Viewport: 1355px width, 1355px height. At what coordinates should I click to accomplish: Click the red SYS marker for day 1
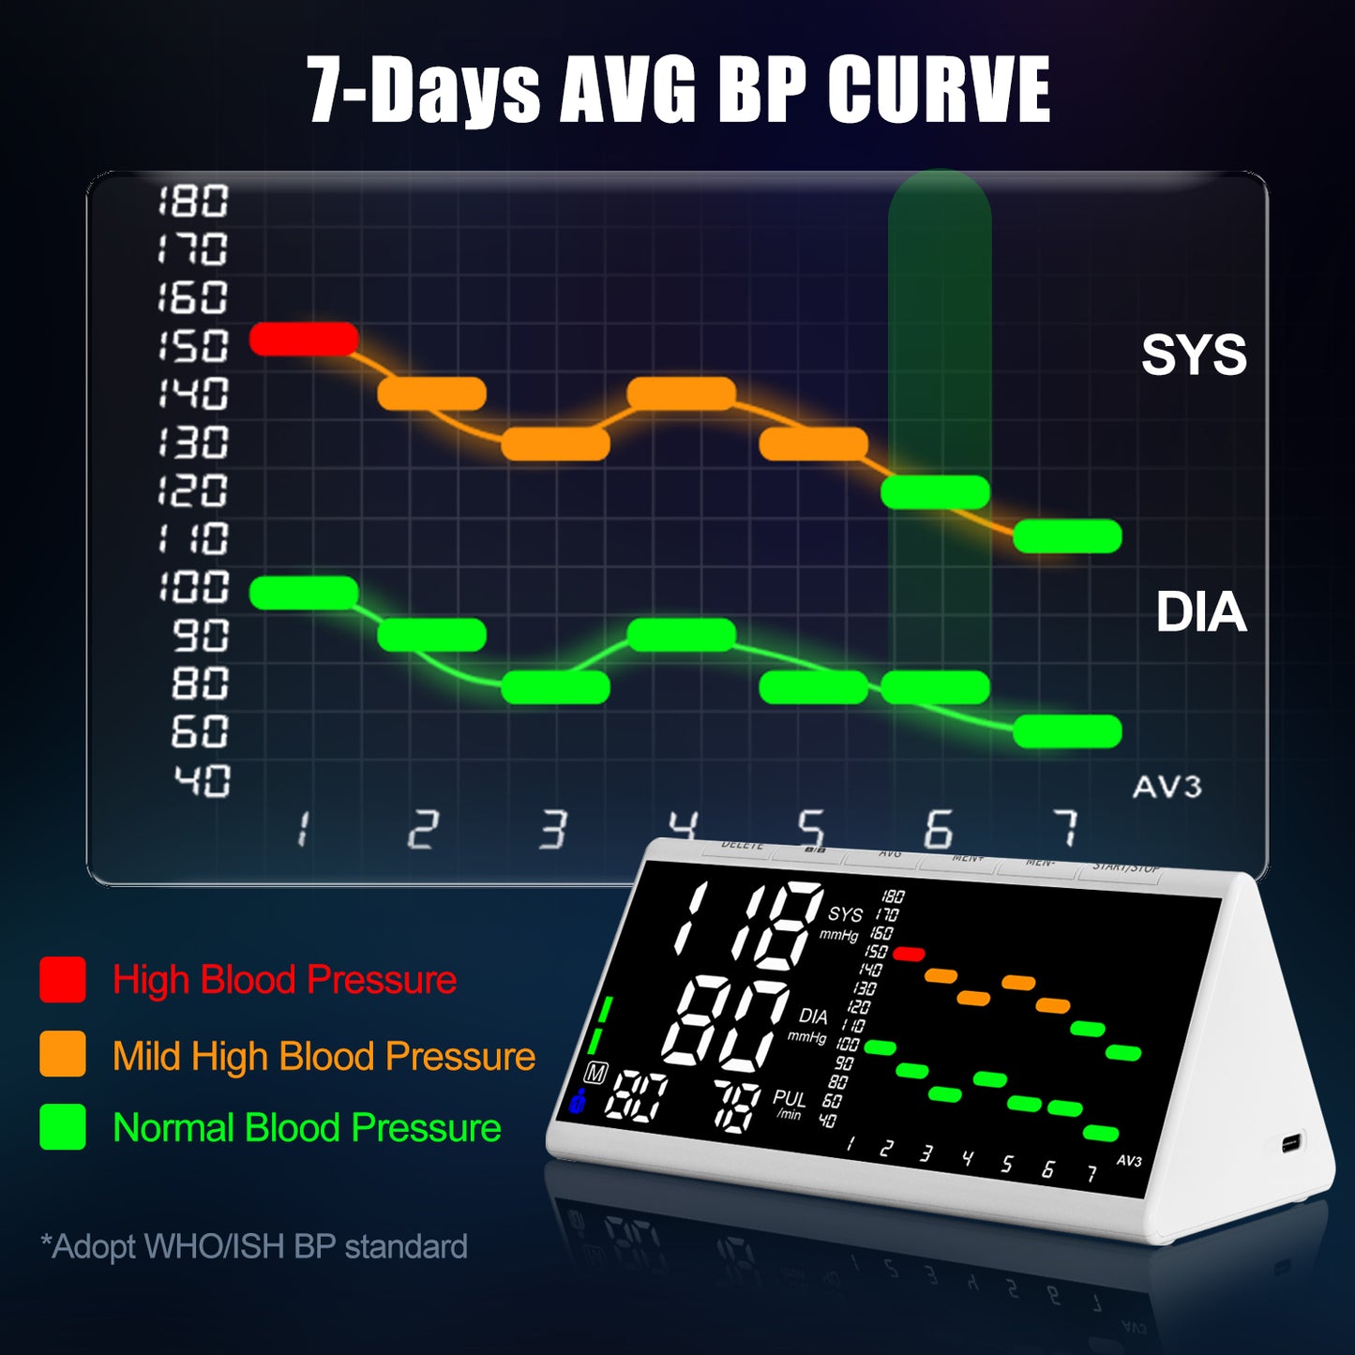(x=304, y=339)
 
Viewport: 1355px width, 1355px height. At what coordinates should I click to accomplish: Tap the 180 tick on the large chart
(x=193, y=201)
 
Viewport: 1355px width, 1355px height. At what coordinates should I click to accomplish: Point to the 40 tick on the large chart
(x=201, y=780)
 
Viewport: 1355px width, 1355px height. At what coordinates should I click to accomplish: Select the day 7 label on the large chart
(x=1064, y=829)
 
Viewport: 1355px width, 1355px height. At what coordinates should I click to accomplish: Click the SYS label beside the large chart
(x=1194, y=354)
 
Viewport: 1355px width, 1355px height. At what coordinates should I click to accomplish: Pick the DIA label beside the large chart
(x=1200, y=612)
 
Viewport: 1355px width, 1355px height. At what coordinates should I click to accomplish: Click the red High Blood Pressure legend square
(x=63, y=980)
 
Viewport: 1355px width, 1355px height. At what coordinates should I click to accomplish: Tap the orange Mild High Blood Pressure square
(x=63, y=1054)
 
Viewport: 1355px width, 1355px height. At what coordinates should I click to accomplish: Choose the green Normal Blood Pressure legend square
(x=63, y=1127)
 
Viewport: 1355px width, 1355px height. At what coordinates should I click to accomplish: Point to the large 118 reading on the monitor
(x=748, y=926)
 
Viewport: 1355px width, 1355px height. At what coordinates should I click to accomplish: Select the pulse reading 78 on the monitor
(x=737, y=1103)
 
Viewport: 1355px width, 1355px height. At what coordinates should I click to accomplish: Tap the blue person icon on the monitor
(x=577, y=1101)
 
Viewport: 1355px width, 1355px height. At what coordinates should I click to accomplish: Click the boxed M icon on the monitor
(x=595, y=1072)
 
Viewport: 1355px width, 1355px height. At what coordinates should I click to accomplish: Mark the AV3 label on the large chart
(x=1167, y=787)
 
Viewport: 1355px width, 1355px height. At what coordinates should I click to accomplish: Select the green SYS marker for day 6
(x=936, y=491)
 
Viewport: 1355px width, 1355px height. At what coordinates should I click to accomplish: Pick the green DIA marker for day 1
(x=304, y=593)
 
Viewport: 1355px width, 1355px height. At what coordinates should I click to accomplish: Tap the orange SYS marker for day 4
(x=681, y=394)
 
